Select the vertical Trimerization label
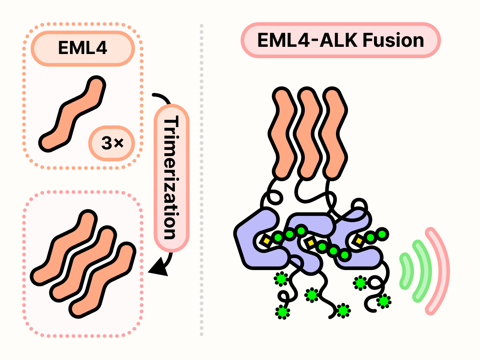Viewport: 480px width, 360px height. tap(171, 178)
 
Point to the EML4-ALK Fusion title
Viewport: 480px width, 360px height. tap(340, 40)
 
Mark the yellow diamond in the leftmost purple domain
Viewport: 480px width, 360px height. tap(266, 241)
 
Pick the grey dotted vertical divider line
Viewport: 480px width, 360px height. tap(201, 180)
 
